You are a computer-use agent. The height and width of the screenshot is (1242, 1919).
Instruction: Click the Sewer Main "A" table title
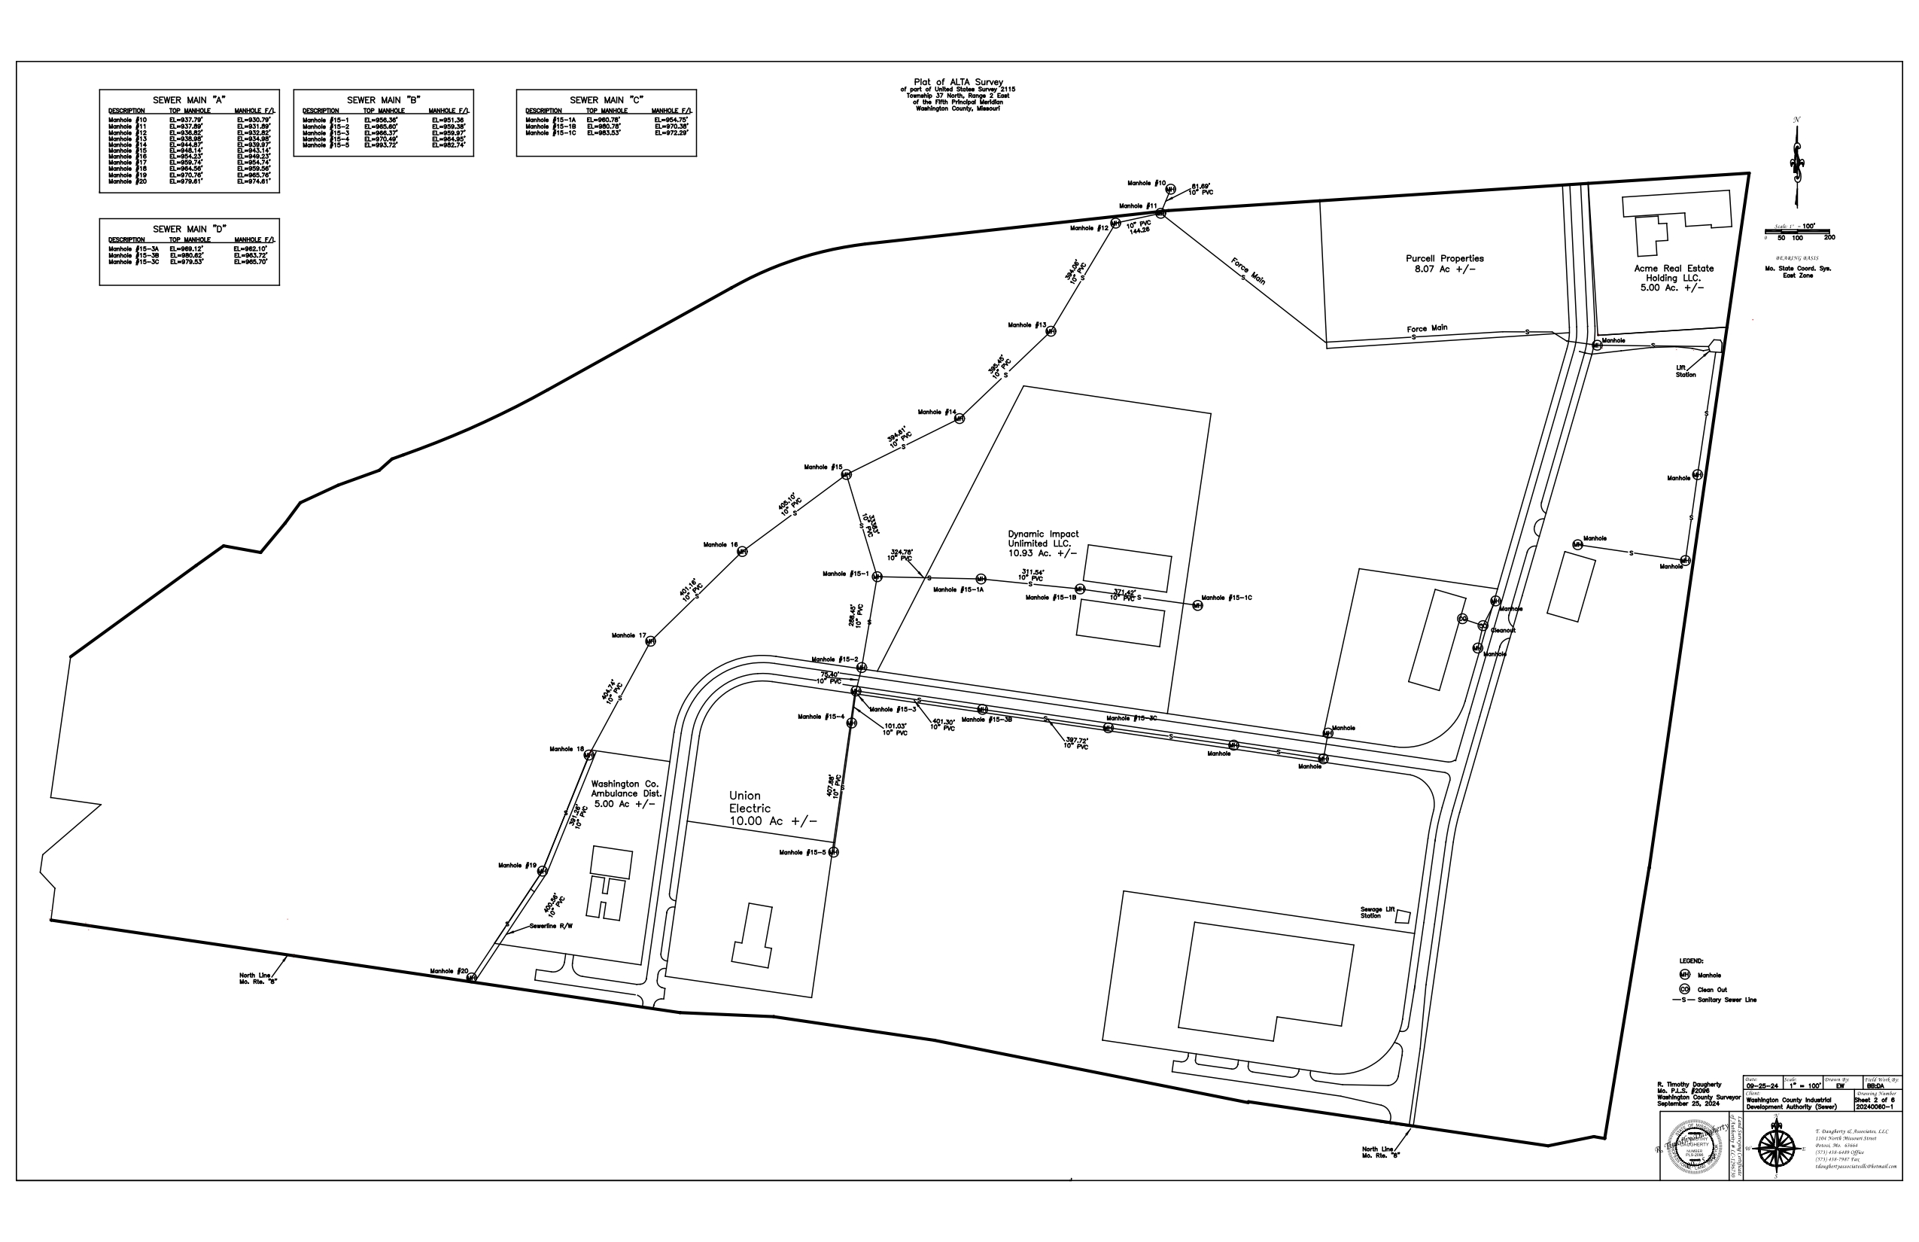tap(189, 100)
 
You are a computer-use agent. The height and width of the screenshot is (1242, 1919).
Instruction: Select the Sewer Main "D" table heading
tap(189, 229)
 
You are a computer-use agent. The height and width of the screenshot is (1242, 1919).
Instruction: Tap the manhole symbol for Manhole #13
tap(1051, 331)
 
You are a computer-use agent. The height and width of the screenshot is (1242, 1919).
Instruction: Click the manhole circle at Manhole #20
tap(472, 978)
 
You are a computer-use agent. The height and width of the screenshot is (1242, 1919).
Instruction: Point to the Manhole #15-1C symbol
tap(1197, 606)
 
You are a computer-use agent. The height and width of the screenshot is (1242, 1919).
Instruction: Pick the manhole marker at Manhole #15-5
tap(834, 852)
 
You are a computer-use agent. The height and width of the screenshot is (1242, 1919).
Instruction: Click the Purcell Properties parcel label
tap(1444, 263)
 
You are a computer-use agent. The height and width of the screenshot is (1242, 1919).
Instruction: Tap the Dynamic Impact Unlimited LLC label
tap(1042, 543)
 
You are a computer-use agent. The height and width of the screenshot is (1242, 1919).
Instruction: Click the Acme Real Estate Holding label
tap(1673, 278)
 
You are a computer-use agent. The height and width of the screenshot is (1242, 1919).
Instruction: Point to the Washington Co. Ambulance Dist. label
tap(625, 793)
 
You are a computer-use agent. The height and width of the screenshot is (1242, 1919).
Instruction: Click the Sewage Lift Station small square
tap(1403, 917)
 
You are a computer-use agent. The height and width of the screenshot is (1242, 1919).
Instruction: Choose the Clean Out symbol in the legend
tap(1684, 990)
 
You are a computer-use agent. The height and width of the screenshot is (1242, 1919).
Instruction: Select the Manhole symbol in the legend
tap(1684, 975)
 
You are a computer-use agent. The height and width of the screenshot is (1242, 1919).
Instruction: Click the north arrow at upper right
tap(1796, 161)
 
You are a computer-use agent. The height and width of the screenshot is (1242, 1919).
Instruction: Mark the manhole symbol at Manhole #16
tap(742, 552)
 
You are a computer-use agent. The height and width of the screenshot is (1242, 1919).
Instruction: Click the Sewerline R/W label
tap(551, 926)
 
